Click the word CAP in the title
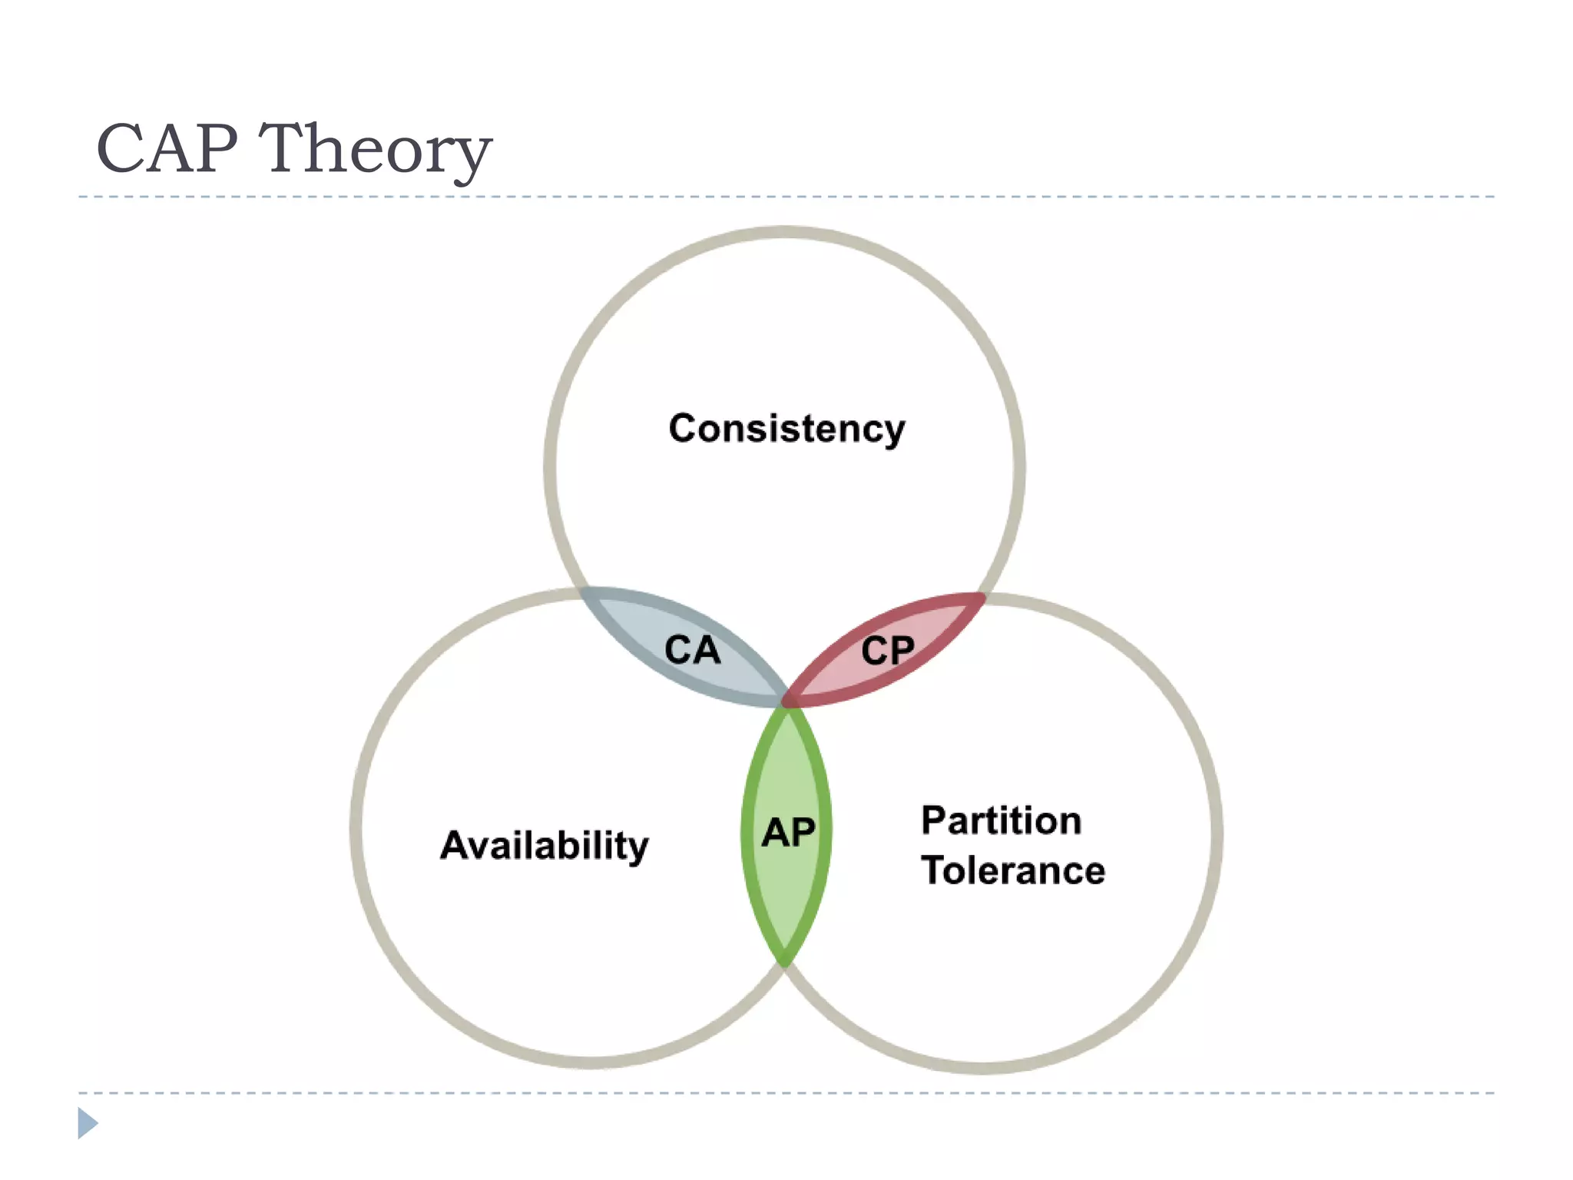coord(167,148)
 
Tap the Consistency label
coord(786,428)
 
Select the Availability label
coord(544,846)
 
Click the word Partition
coord(1002,820)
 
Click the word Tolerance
coord(1013,870)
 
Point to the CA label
coord(692,650)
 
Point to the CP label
coord(887,651)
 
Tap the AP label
coord(788,833)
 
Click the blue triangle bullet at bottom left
coord(87,1123)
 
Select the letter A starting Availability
coord(455,845)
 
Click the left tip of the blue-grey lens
coord(585,593)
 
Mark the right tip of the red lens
coord(982,597)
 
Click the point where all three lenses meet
coord(786,701)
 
